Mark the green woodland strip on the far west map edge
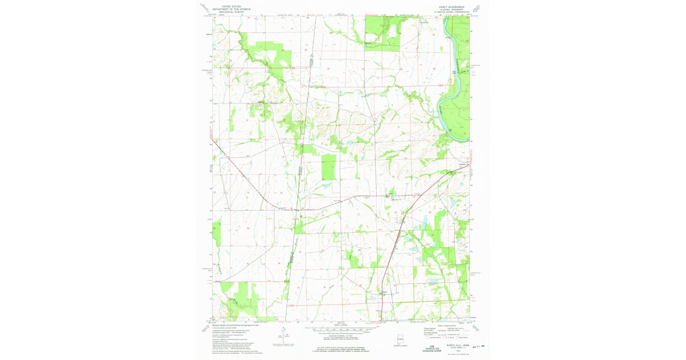tap(216, 231)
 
